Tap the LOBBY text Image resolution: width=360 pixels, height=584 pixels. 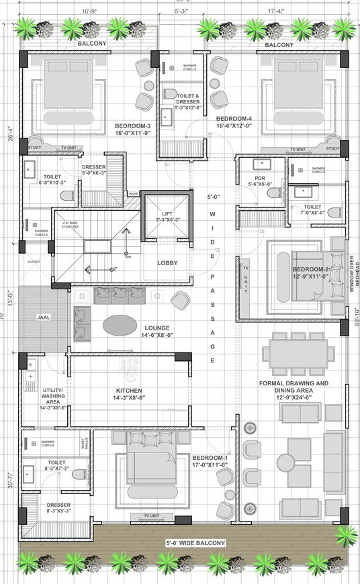(167, 263)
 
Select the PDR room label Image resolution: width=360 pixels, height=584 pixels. (259, 180)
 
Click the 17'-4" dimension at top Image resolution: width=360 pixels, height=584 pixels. (275, 11)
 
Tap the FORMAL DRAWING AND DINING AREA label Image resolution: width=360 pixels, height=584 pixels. (294, 387)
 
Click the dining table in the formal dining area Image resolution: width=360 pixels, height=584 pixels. (298, 354)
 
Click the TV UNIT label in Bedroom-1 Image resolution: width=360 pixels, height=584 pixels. (152, 516)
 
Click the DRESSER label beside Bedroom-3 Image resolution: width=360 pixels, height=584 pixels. (93, 171)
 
